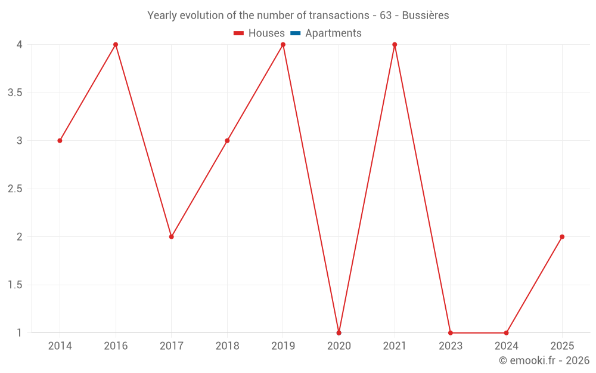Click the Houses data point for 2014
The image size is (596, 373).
pos(60,141)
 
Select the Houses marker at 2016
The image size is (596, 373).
pos(116,45)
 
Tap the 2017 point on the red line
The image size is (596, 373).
pos(172,237)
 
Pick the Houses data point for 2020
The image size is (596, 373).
pos(339,333)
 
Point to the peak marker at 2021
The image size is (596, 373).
pos(395,45)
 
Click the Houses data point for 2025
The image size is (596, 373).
pos(562,237)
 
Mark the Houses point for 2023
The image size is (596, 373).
pos(451,333)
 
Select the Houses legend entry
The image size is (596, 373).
pos(259,33)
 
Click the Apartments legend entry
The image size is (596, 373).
pos(326,33)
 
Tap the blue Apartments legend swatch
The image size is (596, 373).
pos(296,33)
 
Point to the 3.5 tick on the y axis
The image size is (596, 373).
pos(15,93)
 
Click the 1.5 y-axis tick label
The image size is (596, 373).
pos(15,285)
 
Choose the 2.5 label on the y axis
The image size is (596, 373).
pos(15,189)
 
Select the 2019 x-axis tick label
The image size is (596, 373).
pos(283,346)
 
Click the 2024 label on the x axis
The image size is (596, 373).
pos(506,346)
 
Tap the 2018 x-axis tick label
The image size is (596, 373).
pos(227,346)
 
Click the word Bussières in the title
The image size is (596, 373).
pos(426,16)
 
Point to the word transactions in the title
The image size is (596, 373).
pos(339,16)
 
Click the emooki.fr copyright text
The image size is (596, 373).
pos(544,360)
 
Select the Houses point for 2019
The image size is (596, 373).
pos(283,45)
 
